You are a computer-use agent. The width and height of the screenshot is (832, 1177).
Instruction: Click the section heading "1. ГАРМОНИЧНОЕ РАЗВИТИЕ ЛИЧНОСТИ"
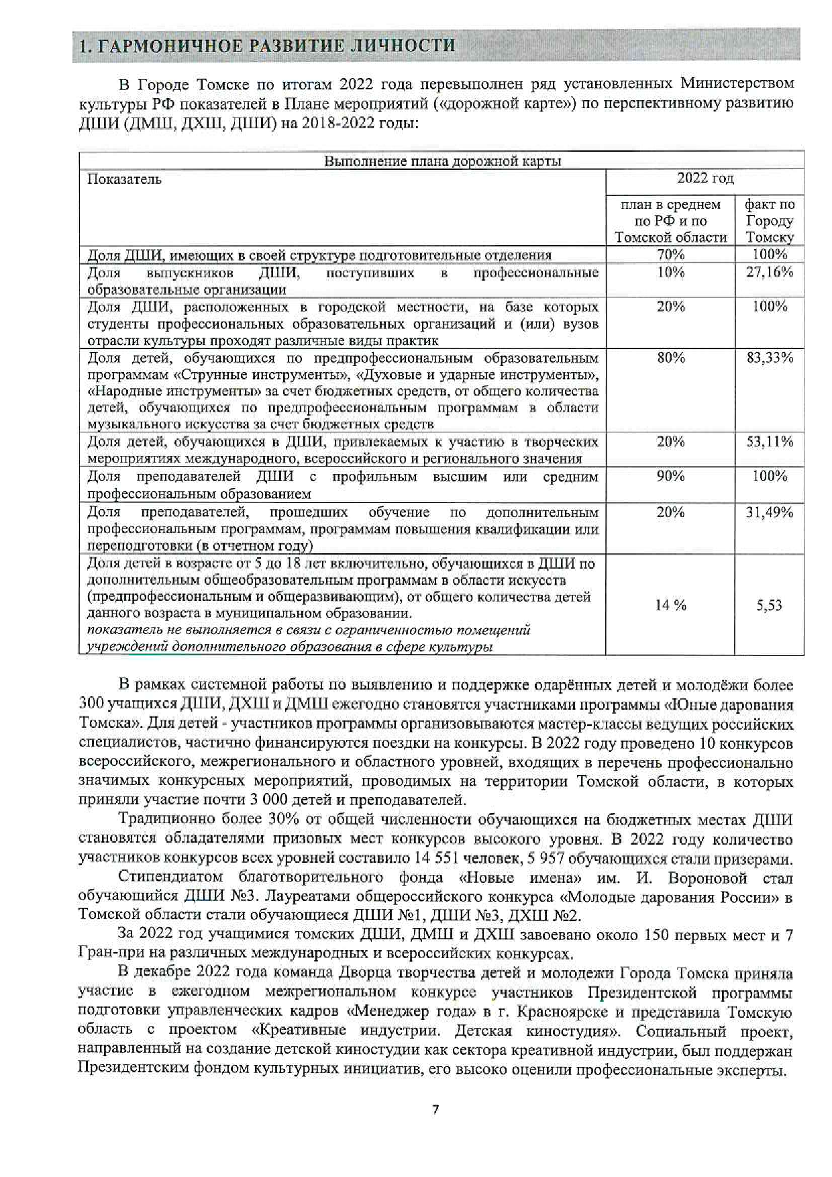coord(267,45)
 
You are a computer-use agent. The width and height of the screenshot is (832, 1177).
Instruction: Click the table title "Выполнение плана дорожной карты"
coord(442,161)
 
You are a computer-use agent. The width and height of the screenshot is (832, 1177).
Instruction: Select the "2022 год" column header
coord(705,178)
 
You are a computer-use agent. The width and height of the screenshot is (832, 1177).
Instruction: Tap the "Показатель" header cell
coord(125,179)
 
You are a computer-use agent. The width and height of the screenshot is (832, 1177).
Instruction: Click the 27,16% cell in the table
coord(769,272)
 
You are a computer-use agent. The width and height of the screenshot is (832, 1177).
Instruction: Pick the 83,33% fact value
coord(769,358)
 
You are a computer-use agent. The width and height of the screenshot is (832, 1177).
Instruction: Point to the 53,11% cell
coord(769,442)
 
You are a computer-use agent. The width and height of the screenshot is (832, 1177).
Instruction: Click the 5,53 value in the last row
coord(769,606)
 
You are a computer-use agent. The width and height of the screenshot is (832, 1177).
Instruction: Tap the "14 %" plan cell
coord(670,606)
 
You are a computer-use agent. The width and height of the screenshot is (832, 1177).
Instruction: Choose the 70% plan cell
coord(670,254)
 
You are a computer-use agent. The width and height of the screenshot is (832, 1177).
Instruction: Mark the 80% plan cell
coord(670,358)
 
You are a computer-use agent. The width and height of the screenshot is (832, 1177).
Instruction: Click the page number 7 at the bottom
coord(435,1110)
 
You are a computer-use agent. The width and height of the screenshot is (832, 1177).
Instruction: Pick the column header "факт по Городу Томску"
coord(769,220)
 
